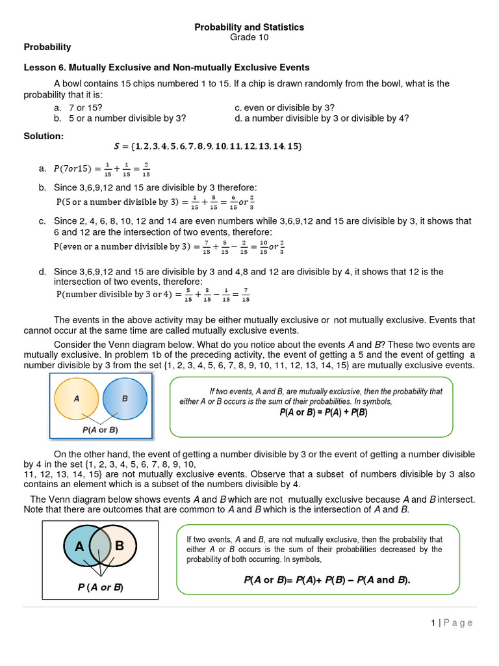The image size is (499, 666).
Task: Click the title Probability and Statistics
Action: (x=249, y=27)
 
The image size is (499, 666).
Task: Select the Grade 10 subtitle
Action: (x=249, y=37)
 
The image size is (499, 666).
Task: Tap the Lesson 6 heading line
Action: (x=166, y=67)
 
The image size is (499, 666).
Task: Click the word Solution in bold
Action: (x=44, y=136)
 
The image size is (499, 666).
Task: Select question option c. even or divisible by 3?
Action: (x=285, y=107)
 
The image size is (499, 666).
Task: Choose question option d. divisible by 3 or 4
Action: (x=322, y=118)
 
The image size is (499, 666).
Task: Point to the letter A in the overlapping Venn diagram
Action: (x=79, y=546)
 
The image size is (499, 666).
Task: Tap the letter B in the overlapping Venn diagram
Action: (x=120, y=546)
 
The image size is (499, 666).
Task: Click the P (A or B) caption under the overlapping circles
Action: (x=100, y=587)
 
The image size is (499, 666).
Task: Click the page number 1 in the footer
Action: (x=433, y=622)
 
